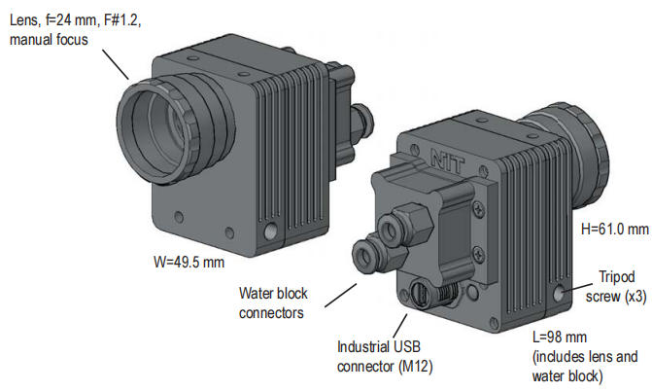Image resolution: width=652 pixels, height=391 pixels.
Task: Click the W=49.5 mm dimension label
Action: tap(189, 263)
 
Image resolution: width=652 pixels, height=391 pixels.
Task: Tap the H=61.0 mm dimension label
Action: tap(614, 229)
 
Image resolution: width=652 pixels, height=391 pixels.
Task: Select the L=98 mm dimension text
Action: tap(560, 338)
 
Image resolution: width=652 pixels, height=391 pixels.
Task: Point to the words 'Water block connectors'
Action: tap(273, 302)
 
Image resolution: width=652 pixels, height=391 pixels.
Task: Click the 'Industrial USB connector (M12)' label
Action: tap(385, 356)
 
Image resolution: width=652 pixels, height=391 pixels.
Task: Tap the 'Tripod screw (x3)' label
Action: tap(616, 287)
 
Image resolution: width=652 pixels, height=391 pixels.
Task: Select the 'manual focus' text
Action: tap(49, 40)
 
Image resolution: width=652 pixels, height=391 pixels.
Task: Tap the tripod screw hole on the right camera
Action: tap(559, 294)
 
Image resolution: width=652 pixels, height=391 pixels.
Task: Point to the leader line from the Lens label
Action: tap(116, 64)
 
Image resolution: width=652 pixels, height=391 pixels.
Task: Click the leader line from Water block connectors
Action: tap(340, 296)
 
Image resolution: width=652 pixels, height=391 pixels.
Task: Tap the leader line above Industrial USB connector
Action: tap(400, 326)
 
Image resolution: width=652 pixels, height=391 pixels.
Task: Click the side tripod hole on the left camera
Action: tap(270, 231)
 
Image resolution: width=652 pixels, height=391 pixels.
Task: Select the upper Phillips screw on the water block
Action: tap(478, 208)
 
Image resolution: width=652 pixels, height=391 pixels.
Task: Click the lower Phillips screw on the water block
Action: tap(479, 252)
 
